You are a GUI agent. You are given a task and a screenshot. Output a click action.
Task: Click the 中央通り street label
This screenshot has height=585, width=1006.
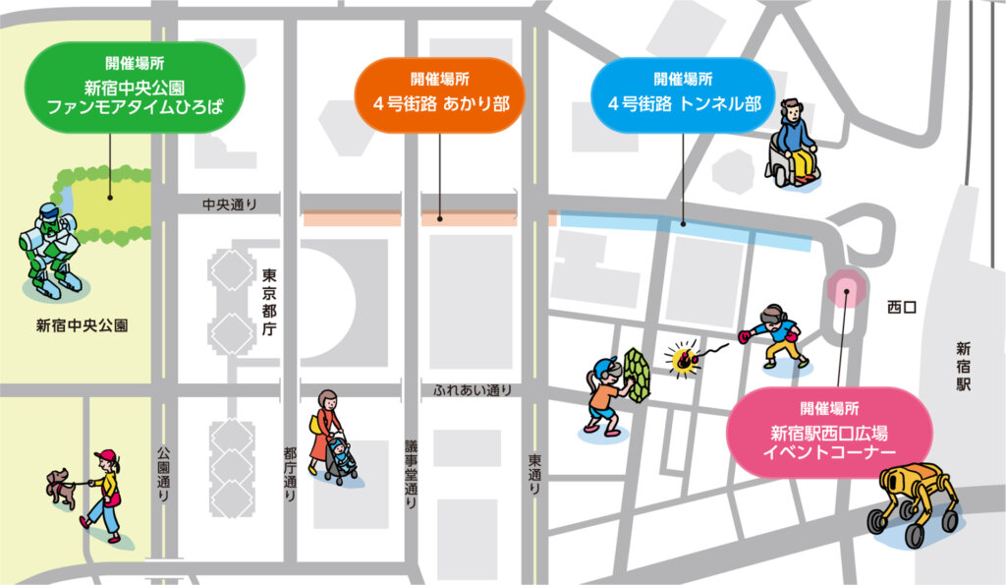click(229, 205)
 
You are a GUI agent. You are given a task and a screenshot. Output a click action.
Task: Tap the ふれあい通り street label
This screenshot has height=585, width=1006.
click(473, 390)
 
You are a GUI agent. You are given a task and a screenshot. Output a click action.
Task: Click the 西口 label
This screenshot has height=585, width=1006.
click(901, 308)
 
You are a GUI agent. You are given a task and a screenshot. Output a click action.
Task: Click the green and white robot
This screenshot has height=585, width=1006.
click(50, 247)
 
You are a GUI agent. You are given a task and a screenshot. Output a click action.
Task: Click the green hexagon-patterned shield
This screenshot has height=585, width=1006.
click(640, 374)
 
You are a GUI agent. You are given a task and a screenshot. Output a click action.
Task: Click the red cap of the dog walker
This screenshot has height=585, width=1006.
click(105, 456)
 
